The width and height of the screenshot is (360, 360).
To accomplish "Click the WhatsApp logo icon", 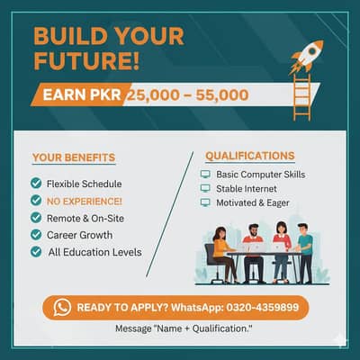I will tap(62, 307).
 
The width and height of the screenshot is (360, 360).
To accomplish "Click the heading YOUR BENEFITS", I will tap(73, 158).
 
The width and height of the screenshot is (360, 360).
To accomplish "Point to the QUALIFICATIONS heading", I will tap(249, 156).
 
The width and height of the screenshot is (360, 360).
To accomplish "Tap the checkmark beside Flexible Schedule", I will tap(35, 184).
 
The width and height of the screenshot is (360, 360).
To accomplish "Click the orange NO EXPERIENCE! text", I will tap(85, 201).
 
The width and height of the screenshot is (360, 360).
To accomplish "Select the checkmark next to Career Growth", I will tap(35, 235).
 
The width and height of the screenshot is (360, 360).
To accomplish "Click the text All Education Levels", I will tap(94, 252).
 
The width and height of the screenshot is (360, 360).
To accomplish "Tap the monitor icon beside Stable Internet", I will tap(205, 189).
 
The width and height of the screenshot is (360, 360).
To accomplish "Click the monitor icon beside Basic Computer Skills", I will tap(205, 174).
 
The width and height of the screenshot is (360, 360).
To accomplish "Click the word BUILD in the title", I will tap(65, 37).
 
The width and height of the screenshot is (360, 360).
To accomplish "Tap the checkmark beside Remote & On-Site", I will tap(35, 218).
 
